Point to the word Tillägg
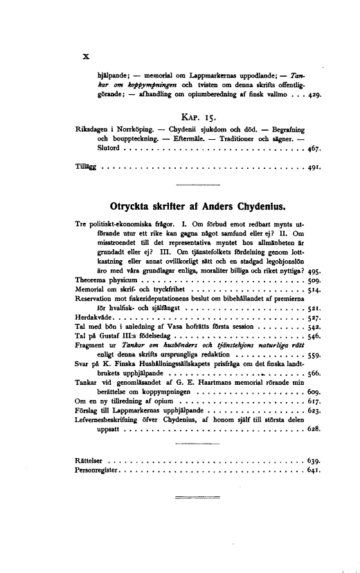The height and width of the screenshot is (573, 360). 87,167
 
